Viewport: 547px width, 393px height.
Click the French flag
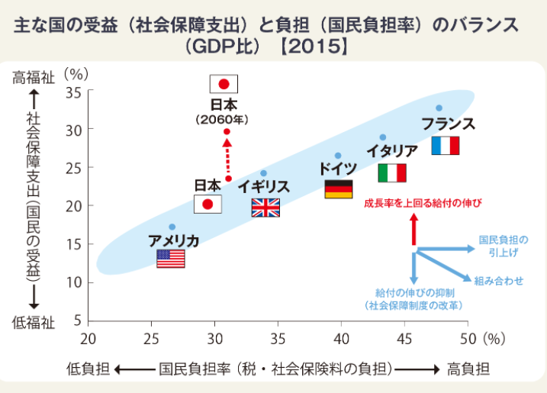(445, 146)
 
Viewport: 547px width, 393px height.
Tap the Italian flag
(392, 173)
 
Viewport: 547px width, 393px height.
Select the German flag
(338, 189)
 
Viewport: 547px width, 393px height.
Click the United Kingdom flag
(265, 208)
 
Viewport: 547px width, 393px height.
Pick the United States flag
(170, 259)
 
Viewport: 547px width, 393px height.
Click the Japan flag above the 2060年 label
(224, 84)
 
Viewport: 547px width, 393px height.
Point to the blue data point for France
(439, 108)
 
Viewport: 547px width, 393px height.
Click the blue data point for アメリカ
(172, 227)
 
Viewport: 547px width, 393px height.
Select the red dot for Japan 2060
(227, 132)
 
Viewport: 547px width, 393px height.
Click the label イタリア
(391, 151)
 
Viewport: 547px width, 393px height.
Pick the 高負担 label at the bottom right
(468, 369)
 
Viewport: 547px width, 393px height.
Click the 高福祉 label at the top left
(33, 77)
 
